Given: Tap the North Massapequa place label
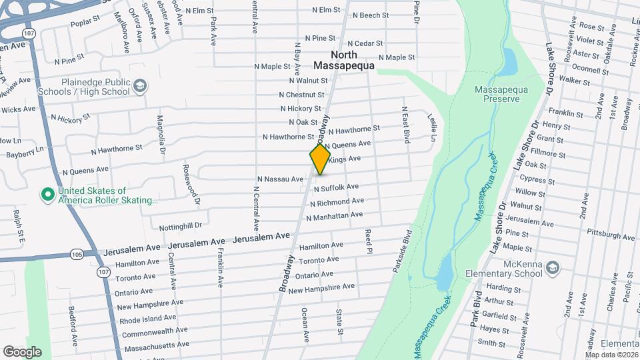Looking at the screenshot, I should click(x=344, y=60).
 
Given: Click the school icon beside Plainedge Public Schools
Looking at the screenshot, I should click(x=140, y=86).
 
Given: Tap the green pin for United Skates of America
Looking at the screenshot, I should click(x=47, y=195).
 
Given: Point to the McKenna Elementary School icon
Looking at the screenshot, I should click(x=551, y=268).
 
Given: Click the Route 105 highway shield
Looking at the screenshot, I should click(x=75, y=254).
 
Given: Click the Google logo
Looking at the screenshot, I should click(x=22, y=351).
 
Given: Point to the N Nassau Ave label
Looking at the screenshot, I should click(x=280, y=179).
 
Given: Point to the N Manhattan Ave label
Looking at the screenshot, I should click(x=334, y=216).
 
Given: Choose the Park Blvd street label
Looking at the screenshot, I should click(x=475, y=309).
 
